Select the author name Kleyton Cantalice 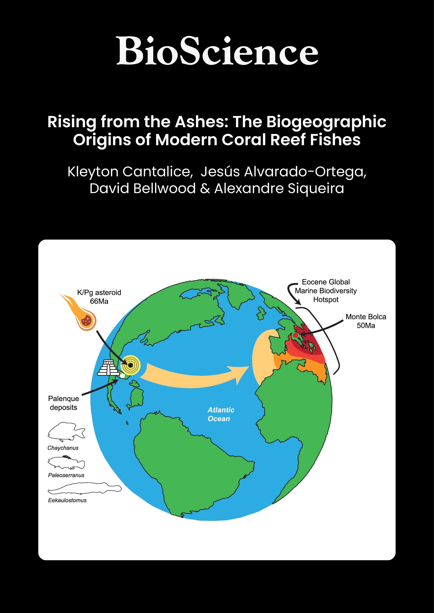pyautogui.click(x=130, y=171)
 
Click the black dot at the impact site pyautogui.click(x=130, y=365)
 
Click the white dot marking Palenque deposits pyautogui.click(x=122, y=376)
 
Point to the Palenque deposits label pyautogui.click(x=64, y=403)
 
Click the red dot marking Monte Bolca pyautogui.click(x=295, y=335)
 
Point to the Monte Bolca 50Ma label pyautogui.click(x=366, y=321)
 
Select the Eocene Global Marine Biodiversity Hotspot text pyautogui.click(x=326, y=291)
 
